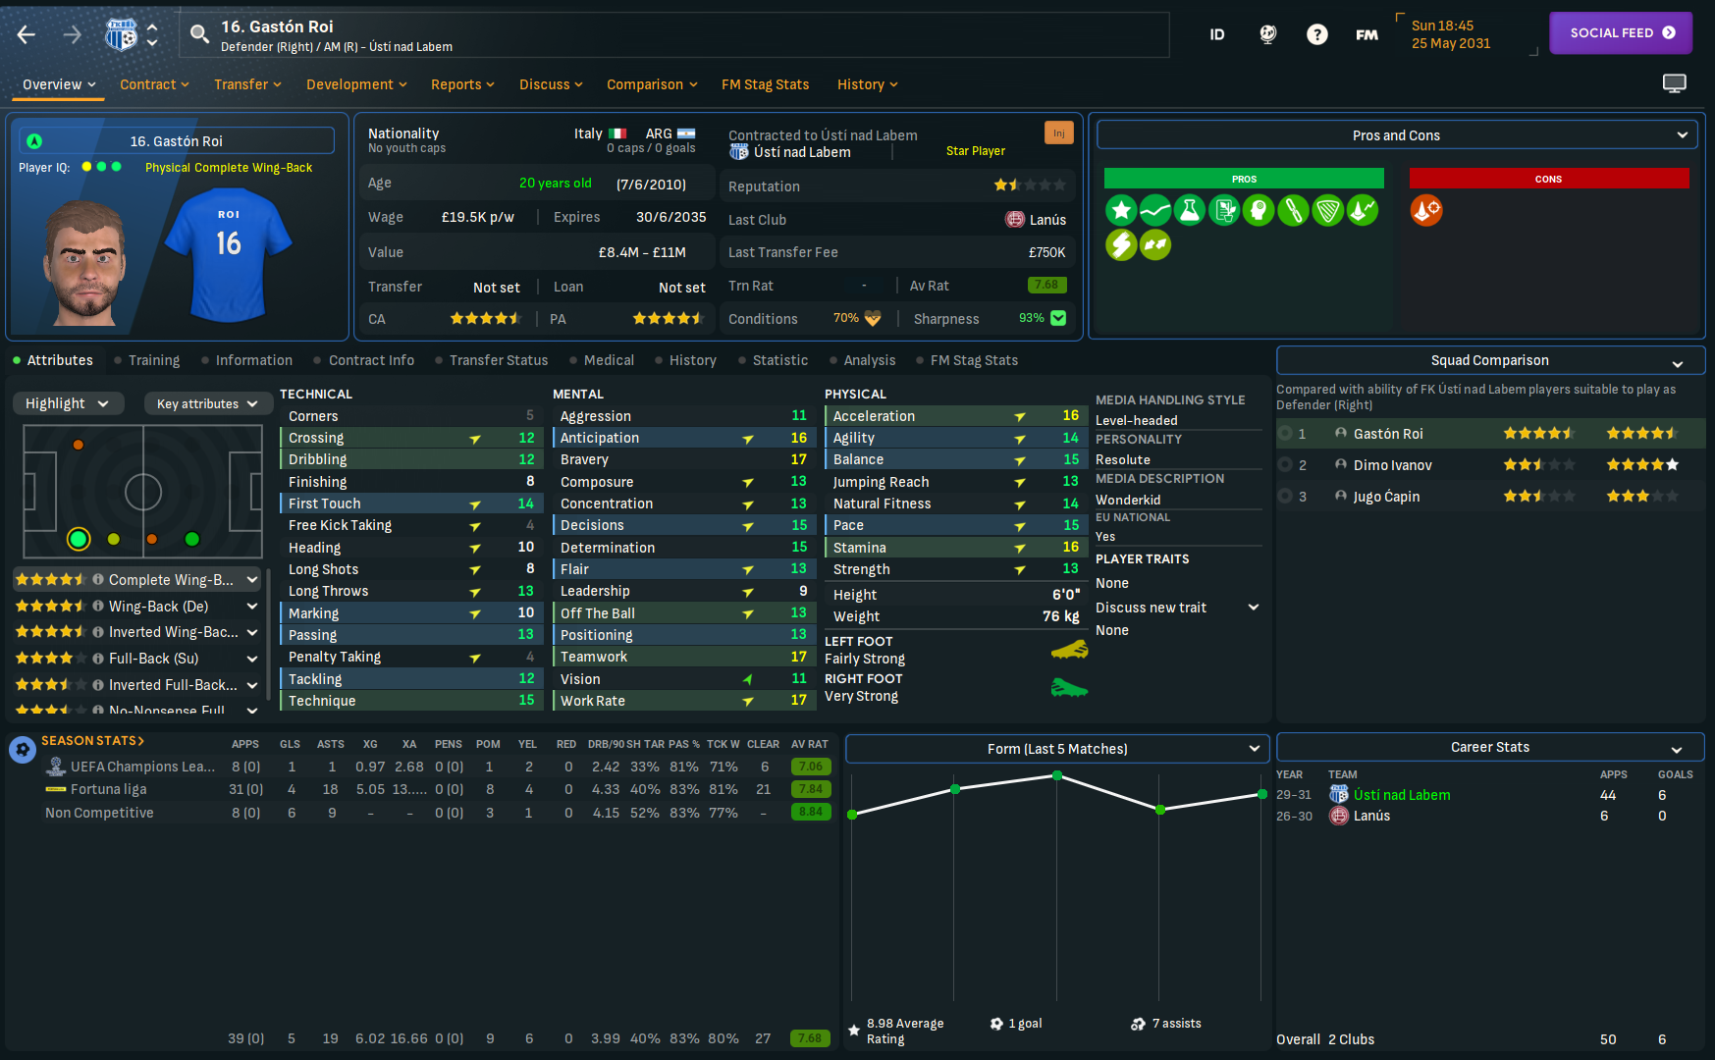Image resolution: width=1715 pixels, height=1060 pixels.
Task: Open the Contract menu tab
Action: coord(153,84)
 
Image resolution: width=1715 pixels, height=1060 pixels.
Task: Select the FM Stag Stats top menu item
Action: coord(765,84)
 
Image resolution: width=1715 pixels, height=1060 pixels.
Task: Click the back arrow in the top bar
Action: coord(27,35)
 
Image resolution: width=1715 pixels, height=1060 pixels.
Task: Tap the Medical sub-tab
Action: coord(608,360)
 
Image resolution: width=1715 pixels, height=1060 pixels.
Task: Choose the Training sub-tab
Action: coord(153,360)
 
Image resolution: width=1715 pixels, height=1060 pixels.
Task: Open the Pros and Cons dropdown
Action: coord(1396,135)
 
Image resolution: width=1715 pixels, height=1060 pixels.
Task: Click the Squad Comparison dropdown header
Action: coord(1489,360)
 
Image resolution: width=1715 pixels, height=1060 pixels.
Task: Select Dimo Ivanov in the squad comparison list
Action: coord(1392,465)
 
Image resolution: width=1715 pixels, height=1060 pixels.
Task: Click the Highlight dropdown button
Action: coord(68,403)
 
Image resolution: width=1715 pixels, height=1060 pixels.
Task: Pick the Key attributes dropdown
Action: coord(206,403)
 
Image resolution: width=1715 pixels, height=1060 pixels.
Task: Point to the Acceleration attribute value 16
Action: coord(1070,416)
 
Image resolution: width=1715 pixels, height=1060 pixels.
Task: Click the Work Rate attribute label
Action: coord(592,701)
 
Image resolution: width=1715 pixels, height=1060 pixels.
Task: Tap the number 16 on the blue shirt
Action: coord(229,243)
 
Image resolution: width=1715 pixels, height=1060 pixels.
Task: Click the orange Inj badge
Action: coord(1058,132)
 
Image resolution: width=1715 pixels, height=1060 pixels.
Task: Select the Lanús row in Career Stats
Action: coord(1371,816)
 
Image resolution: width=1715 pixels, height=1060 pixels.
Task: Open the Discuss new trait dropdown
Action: coord(1176,608)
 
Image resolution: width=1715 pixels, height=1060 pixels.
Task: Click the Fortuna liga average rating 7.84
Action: coord(810,789)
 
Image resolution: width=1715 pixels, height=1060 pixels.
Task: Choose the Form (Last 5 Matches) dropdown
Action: coord(1057,749)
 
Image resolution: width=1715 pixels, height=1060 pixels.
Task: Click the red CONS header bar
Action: coord(1548,179)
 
